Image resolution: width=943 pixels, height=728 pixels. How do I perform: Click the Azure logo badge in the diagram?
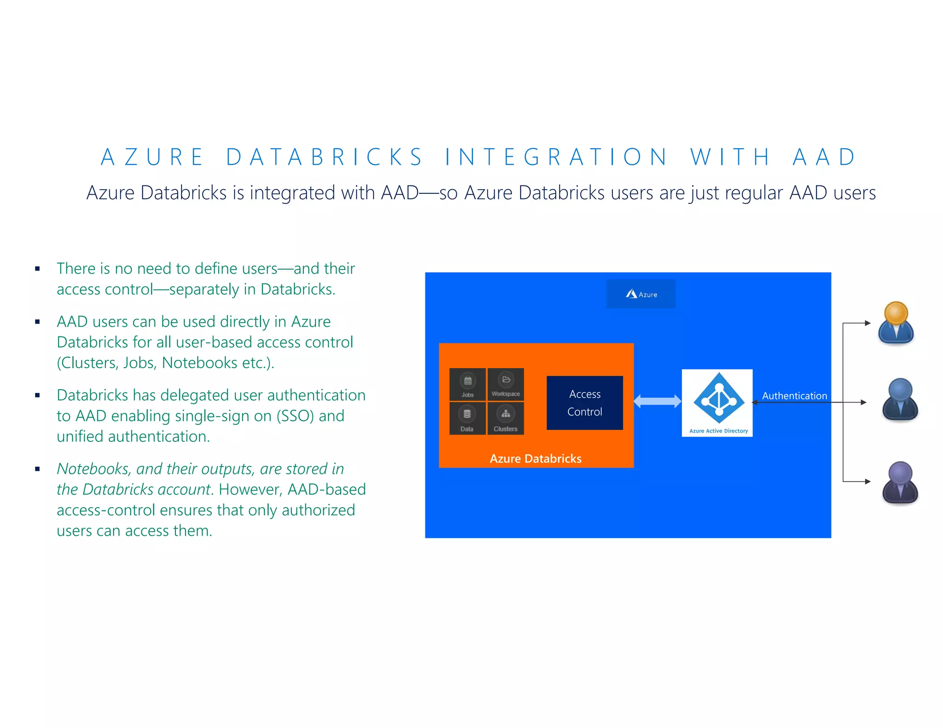click(640, 294)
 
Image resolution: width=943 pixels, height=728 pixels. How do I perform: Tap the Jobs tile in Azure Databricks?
click(467, 384)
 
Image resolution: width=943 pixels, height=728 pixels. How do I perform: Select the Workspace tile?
click(506, 384)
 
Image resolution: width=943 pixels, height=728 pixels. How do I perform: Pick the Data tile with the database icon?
click(467, 418)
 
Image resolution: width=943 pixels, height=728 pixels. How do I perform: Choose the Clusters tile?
click(506, 418)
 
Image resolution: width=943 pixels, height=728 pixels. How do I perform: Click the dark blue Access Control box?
click(585, 403)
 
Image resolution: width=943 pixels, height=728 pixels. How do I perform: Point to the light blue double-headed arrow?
click(657, 401)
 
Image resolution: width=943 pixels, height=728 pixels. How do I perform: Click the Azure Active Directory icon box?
click(717, 403)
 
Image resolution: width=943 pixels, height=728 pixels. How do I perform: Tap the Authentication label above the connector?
click(794, 396)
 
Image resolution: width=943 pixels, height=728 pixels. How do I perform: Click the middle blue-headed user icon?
click(900, 399)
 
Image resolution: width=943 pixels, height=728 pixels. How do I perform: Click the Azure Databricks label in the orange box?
click(536, 458)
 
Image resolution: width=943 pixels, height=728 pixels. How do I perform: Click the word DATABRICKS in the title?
click(324, 157)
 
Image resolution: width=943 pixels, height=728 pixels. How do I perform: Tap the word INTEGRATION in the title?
click(556, 157)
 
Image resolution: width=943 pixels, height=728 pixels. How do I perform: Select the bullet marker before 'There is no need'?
click(38, 269)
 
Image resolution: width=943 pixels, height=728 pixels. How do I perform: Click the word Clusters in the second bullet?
click(89, 363)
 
